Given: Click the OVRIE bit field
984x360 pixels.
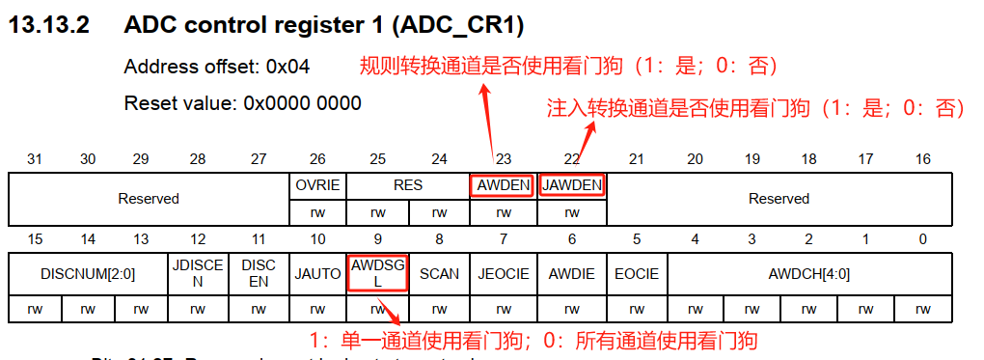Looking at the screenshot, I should pos(316,184).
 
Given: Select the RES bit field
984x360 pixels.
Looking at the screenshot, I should pos(408,184).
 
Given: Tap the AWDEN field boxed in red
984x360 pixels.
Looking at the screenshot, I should pos(502,184).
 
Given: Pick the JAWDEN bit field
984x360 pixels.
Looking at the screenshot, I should pos(572,184).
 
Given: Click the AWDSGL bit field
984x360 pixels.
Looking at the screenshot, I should pos(377,273).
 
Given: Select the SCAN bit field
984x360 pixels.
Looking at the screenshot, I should pos(440,273).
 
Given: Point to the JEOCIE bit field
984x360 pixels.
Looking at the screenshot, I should pos(503,273).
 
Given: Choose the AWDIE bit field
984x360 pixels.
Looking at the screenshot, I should pos(572,273).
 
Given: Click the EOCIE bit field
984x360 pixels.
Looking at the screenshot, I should pos(637,273).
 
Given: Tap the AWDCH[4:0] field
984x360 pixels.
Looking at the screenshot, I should pos(809,273).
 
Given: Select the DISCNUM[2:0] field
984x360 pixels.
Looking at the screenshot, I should pos(89,273).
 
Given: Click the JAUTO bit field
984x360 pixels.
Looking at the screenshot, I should pos(317,273).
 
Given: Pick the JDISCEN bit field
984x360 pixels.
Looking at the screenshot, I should pos(198,273).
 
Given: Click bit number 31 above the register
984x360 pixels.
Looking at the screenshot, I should pos(36,158).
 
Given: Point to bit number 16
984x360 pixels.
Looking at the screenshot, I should pos(923,158).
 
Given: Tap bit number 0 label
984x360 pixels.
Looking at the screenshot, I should pos(923,238).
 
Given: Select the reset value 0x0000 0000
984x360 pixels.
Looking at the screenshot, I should pos(302,103).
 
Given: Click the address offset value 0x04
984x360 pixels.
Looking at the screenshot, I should pos(288,68).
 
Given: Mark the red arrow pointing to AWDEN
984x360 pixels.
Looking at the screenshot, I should pos(492,126).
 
